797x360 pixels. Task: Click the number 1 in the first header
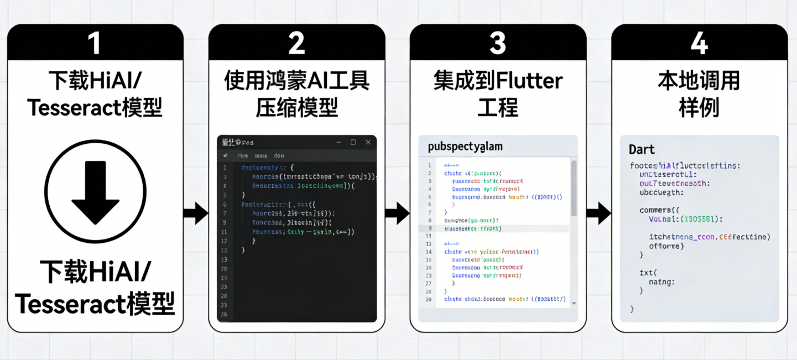[95, 43]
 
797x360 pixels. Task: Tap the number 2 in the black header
[296, 43]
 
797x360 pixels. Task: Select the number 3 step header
[498, 43]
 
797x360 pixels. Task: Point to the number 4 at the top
[699, 43]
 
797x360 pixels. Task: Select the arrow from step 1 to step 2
[195, 213]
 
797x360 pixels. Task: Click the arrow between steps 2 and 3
[397, 213]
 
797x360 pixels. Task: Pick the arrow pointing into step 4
[598, 213]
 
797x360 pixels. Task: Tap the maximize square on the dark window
[353, 142]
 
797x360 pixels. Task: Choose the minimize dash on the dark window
[340, 142]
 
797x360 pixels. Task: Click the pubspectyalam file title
[465, 147]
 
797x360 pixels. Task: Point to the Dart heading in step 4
[642, 149]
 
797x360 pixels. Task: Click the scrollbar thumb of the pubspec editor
[574, 188]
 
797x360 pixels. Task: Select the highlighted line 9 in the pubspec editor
[498, 228]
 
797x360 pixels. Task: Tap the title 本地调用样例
[699, 95]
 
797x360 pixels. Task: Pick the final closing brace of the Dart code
[632, 309]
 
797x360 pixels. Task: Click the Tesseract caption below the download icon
[95, 304]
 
